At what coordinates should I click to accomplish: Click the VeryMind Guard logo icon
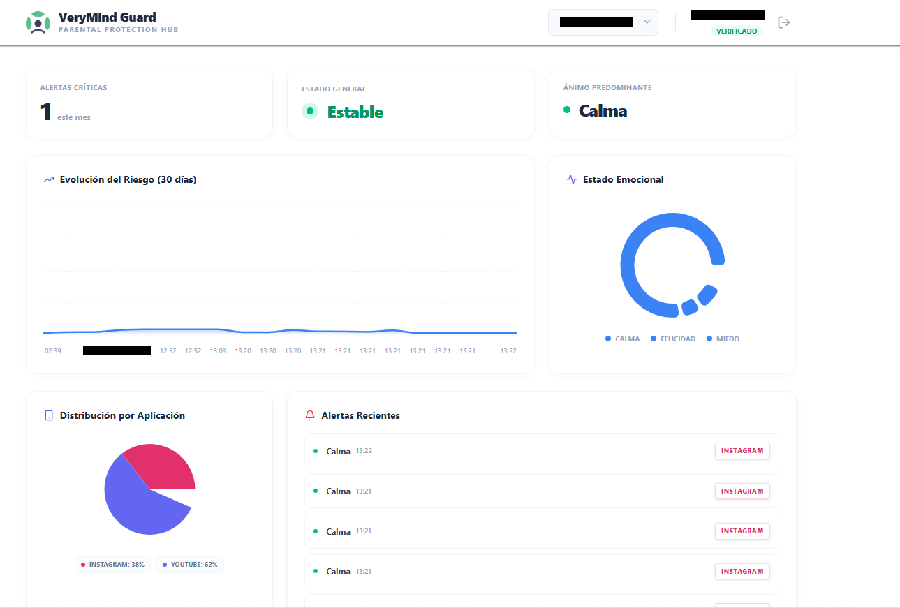[x=38, y=22]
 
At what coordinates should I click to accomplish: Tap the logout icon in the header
[x=784, y=22]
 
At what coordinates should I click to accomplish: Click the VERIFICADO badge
[x=737, y=31]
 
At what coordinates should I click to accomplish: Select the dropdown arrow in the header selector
[x=647, y=22]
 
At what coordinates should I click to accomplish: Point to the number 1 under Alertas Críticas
[x=46, y=112]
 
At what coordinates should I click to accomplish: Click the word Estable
[x=355, y=112]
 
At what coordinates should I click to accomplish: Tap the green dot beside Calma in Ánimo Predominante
[x=567, y=110]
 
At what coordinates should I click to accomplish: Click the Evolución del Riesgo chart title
[x=128, y=179]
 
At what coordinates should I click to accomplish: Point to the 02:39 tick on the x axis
[x=53, y=350]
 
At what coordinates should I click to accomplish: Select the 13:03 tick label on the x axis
[x=218, y=350]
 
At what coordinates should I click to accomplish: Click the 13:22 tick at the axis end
[x=508, y=350]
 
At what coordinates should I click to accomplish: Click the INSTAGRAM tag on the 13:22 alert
[x=742, y=451]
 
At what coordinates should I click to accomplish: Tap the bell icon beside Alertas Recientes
[x=310, y=415]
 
